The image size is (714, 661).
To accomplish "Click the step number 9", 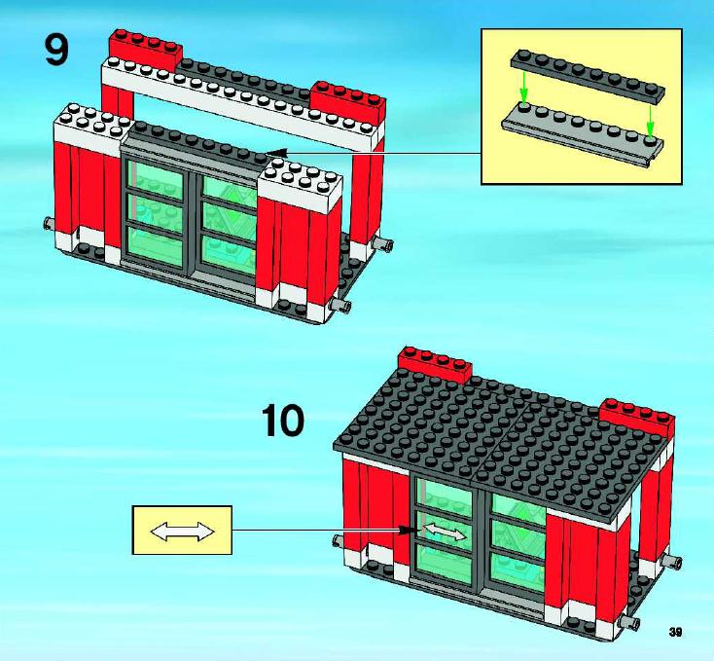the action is tap(57, 50).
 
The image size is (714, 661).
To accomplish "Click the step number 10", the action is tap(283, 421).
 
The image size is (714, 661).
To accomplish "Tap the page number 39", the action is tap(676, 632).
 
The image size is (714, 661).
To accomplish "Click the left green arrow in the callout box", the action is tap(524, 86).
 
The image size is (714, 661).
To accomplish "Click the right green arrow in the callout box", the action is tap(651, 121).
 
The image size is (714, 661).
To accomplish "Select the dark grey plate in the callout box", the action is tap(588, 76).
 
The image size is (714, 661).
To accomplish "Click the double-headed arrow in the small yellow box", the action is tap(182, 532).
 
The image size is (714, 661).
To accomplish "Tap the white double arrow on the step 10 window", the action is tap(445, 532).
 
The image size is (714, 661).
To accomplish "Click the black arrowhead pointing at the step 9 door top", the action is tap(277, 153).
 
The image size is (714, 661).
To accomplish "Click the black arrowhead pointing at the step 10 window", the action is tap(408, 530).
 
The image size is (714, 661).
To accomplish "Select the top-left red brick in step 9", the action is tap(145, 51).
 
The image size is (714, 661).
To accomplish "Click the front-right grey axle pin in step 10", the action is tap(629, 621).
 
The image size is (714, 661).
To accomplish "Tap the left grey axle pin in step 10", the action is tap(339, 540).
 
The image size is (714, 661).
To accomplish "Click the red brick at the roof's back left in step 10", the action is tap(435, 363).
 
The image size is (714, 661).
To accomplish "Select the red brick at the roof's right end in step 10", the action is tap(637, 417).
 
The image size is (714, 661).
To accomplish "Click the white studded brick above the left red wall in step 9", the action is tap(91, 129).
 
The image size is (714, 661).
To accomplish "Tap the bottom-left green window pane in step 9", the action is tap(156, 246).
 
